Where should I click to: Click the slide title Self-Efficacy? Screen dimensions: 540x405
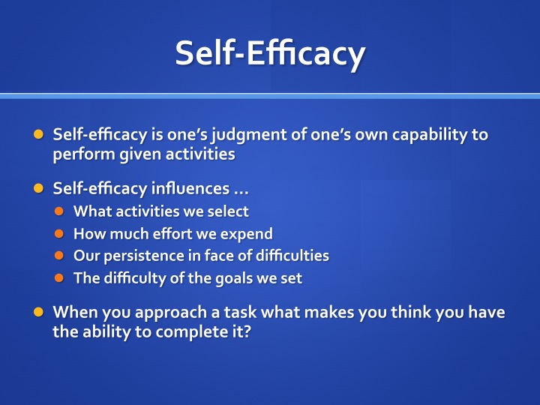pyautogui.click(x=270, y=53)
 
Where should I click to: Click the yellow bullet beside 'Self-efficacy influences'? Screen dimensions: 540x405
pyautogui.click(x=38, y=188)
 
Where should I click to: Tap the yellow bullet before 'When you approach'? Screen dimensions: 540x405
pyautogui.click(x=38, y=312)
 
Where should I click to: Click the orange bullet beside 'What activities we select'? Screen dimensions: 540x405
pyautogui.click(x=59, y=211)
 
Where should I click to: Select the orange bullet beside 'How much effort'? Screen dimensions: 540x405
pyautogui.click(x=59, y=234)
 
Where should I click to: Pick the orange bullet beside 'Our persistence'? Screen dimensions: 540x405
pyautogui.click(x=59, y=256)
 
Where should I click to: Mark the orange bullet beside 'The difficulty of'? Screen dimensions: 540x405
pyautogui.click(x=59, y=278)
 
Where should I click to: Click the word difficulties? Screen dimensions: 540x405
pyautogui.click(x=292, y=256)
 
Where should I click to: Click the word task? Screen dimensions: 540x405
pyautogui.click(x=241, y=312)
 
